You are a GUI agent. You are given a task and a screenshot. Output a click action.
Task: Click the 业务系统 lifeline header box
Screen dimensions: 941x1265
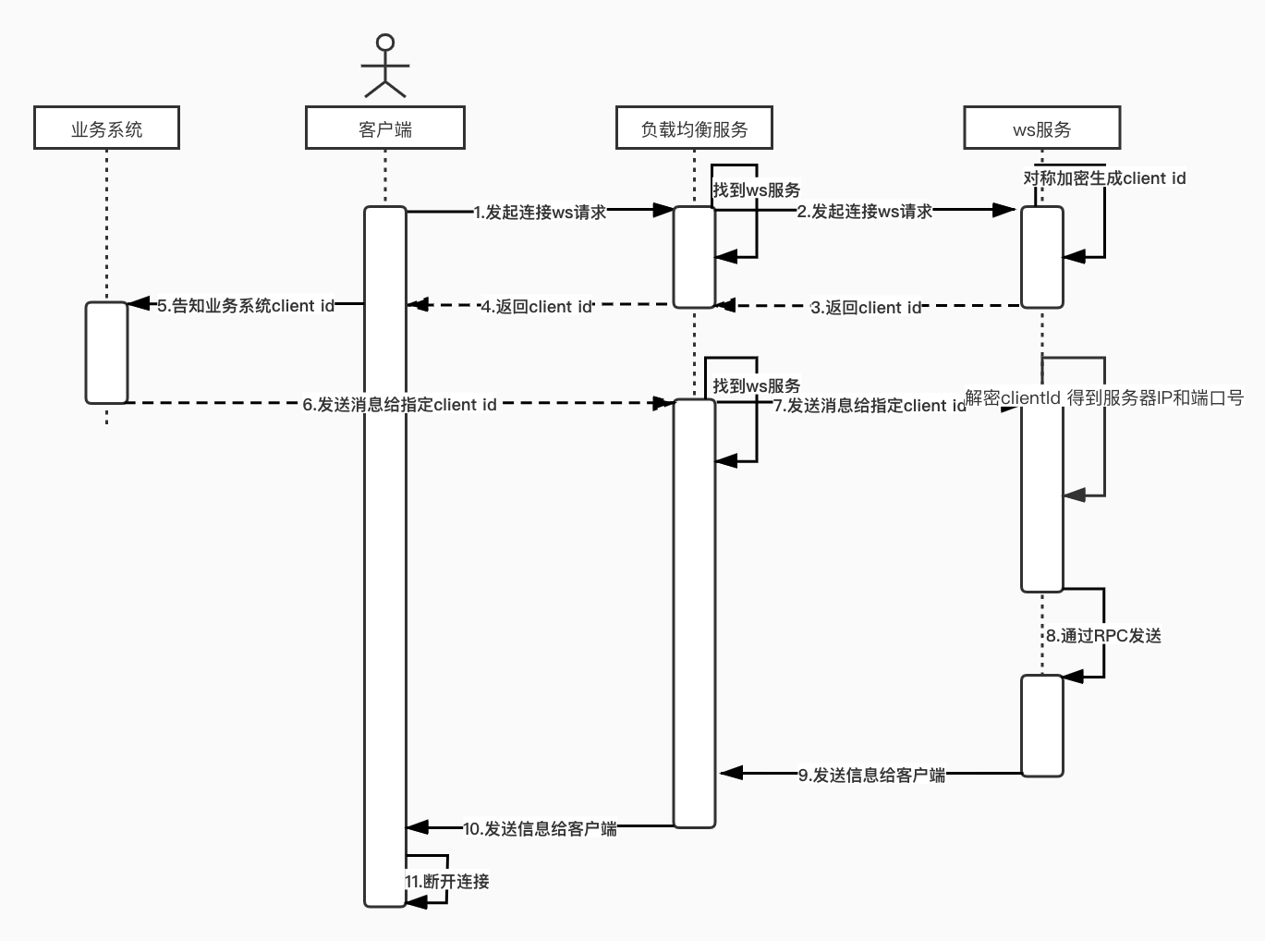pos(106,128)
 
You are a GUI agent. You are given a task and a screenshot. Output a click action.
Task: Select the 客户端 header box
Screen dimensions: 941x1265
pos(384,128)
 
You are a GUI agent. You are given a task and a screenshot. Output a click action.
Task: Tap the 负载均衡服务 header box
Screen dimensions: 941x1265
pos(694,128)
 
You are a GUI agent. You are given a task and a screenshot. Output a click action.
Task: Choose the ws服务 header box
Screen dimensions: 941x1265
pos(1041,128)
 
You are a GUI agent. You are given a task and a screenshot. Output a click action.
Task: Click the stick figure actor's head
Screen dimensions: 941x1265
pos(385,43)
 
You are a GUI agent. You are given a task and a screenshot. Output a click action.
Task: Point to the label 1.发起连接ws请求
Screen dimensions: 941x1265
pos(540,212)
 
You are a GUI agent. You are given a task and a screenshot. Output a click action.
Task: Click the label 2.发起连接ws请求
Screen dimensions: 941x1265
pos(865,212)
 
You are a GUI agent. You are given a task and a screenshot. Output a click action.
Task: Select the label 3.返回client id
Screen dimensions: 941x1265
pos(866,308)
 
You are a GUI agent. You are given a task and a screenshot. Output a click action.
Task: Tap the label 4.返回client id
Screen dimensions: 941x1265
pos(536,307)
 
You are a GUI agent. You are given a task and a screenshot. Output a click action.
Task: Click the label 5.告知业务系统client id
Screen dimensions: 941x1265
pos(246,306)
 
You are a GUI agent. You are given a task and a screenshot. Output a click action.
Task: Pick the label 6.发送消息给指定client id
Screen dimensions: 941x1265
pos(399,405)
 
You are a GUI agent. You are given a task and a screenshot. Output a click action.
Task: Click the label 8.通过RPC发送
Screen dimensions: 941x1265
pos(1103,636)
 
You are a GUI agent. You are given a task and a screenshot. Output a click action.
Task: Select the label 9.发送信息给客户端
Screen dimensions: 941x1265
pos(871,775)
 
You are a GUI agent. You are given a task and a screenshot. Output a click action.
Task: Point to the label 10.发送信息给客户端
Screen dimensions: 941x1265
pos(540,829)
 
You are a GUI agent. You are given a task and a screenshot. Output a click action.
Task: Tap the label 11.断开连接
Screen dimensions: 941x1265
pos(447,882)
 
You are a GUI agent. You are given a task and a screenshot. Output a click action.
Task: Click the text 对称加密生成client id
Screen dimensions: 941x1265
pos(1104,178)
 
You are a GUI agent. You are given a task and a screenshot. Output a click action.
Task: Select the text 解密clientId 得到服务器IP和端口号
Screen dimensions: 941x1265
pos(1104,398)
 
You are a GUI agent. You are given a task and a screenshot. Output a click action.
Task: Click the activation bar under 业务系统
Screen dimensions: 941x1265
pos(106,352)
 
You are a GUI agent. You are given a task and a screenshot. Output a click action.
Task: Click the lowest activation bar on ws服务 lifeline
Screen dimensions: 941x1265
pos(1041,725)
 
